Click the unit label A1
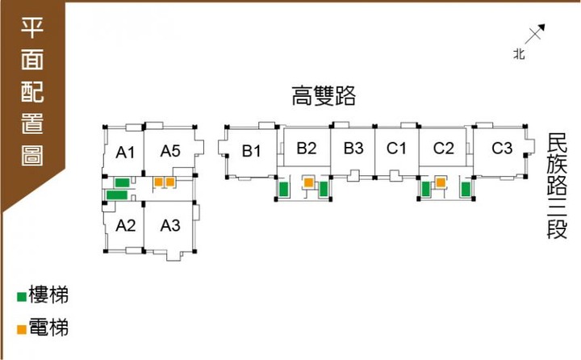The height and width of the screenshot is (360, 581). point(125,153)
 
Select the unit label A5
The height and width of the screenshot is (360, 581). point(170,151)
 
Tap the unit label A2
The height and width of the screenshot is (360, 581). point(126,225)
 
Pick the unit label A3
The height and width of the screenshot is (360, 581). point(170,225)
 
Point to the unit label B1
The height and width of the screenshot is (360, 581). point(252,151)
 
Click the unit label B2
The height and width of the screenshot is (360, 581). point(307,148)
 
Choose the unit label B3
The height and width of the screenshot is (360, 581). point(353,148)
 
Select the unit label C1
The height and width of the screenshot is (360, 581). point(396,148)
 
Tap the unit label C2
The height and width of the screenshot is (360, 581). point(444,148)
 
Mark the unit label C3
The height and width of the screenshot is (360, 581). point(502,148)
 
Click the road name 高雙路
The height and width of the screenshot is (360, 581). point(324,96)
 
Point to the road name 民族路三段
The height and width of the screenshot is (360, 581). point(557,186)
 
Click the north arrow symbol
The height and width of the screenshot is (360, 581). point(535,34)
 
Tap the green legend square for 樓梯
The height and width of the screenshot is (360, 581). point(22,297)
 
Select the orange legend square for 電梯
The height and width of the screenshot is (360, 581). point(22,329)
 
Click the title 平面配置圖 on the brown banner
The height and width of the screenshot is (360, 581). point(32,91)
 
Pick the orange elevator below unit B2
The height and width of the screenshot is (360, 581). point(308,182)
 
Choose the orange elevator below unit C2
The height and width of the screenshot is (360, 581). point(441,182)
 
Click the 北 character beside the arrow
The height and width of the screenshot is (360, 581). point(519,54)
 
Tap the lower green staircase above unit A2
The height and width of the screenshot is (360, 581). point(117,195)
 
